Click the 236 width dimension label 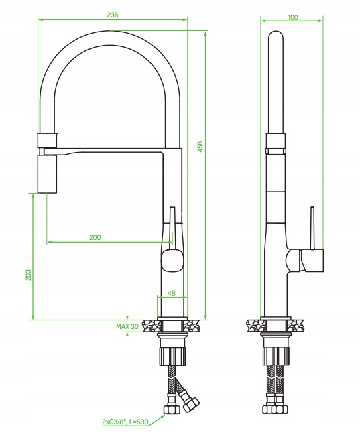pos(113,15)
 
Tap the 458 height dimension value pos(200,147)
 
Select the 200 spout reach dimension pos(95,237)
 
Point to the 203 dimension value pos(28,275)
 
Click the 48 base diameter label pos(172,293)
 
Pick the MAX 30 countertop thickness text pos(127,326)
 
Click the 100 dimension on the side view pos(292,17)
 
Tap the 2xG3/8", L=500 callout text pos(125,422)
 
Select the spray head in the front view pos(47,174)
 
